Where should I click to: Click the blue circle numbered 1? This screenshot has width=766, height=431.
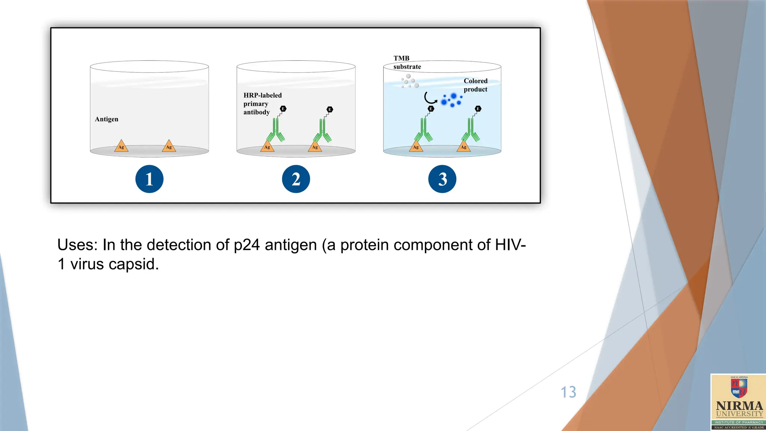point(149,179)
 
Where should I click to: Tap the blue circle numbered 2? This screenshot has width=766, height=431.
point(296,179)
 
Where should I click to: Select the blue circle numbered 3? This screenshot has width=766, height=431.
point(442,179)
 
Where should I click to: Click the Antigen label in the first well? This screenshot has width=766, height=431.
point(107,119)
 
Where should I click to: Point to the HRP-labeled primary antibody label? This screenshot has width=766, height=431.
point(262,104)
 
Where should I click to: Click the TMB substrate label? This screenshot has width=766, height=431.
point(407,62)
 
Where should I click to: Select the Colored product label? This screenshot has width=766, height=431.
point(475,85)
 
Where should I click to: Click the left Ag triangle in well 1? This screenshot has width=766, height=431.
point(121,146)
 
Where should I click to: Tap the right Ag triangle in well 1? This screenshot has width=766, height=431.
point(169,146)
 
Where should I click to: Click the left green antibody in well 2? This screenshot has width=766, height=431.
point(276,131)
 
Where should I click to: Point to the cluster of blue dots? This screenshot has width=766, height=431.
point(451,100)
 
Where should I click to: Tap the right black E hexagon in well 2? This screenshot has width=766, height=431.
point(330,109)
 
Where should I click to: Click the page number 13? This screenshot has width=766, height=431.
point(568,392)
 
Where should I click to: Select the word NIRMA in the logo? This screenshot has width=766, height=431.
point(739,406)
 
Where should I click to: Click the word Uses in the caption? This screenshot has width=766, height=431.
point(77,245)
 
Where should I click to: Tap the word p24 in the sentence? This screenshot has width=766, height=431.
point(246,245)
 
